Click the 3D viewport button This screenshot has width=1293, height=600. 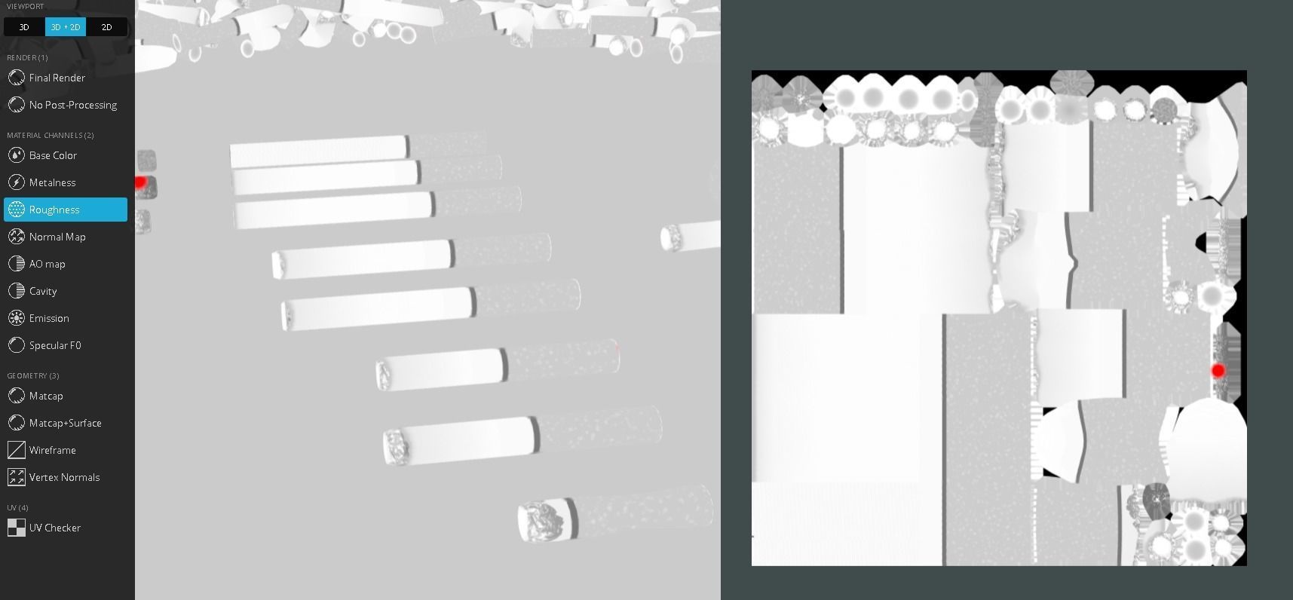pos(24,27)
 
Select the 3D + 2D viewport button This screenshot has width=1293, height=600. pos(66,27)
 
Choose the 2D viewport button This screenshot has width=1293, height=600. pos(106,27)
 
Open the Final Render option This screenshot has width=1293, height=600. pos(57,78)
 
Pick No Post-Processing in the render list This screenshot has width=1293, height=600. pos(72,105)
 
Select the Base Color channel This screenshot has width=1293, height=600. pos(53,155)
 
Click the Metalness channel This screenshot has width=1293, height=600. pos(52,182)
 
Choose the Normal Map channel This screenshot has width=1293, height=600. pos(57,237)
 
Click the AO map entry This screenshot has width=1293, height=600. pos(47,264)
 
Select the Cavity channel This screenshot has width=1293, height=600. pos(43,291)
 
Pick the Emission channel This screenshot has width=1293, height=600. pos(49,318)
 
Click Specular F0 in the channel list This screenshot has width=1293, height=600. pos(55,345)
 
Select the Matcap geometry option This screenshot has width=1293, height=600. pos(46,396)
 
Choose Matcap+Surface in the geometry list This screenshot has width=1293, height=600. pos(65,423)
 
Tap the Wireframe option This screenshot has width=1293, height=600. pos(52,450)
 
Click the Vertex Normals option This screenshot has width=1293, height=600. pos(64,477)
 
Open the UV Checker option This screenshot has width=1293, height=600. pos(54,528)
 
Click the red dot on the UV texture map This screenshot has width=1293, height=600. pos(1218,370)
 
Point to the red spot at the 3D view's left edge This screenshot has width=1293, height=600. pos(139,182)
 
